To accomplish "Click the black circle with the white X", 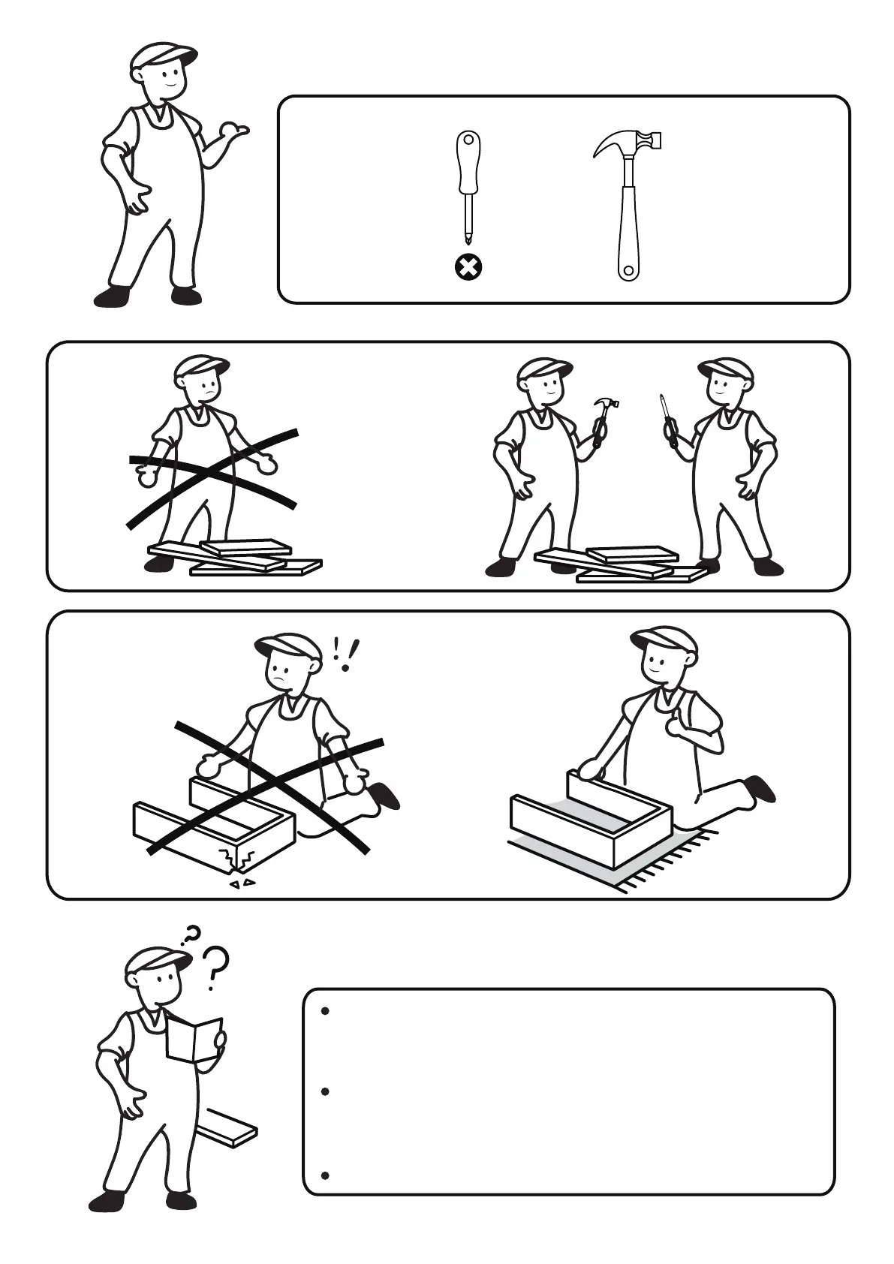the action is [468, 266].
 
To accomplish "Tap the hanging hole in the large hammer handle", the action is [628, 269].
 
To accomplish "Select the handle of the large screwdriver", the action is [468, 161].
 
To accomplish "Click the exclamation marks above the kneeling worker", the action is [345, 653].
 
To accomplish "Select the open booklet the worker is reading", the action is [194, 1040].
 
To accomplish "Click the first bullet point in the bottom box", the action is [325, 1011].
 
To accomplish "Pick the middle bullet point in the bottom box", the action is [325, 1092].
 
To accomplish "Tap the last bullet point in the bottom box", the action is [325, 1175].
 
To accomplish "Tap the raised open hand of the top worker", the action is [232, 133].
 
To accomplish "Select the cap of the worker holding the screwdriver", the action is [724, 367].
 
